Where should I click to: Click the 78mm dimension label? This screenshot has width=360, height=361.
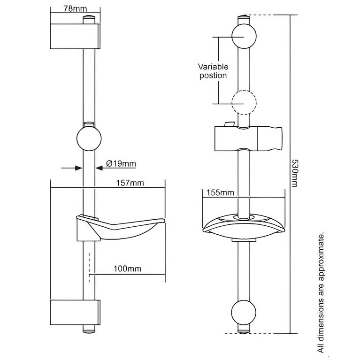pyautogui.click(x=75, y=9)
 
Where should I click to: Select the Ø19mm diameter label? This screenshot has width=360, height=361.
pyautogui.click(x=121, y=164)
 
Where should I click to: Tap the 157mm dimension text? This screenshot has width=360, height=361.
pyautogui.click(x=130, y=183)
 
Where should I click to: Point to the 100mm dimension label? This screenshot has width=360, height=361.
pyautogui.click(x=127, y=269)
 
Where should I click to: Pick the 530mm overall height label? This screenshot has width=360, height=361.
pyautogui.click(x=294, y=173)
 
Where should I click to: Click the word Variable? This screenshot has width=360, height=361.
pyautogui.click(x=213, y=67)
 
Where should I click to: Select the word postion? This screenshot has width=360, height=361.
pyautogui.click(x=213, y=76)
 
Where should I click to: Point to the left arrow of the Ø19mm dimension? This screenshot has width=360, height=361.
pyautogui.click(x=72, y=168)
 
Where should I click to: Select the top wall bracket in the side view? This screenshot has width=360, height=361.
pyautogui.click(x=75, y=36)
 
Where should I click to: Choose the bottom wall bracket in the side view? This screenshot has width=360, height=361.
pyautogui.click(x=75, y=313)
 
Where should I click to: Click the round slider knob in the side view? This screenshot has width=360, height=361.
pyautogui.click(x=89, y=138)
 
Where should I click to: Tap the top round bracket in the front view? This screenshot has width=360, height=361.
pyautogui.click(x=244, y=36)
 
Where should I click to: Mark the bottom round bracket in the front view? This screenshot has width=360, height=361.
pyautogui.click(x=244, y=312)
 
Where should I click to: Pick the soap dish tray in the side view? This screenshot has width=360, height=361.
pyautogui.click(x=121, y=229)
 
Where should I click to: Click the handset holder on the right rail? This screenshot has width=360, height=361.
pyautogui.click(x=248, y=139)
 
